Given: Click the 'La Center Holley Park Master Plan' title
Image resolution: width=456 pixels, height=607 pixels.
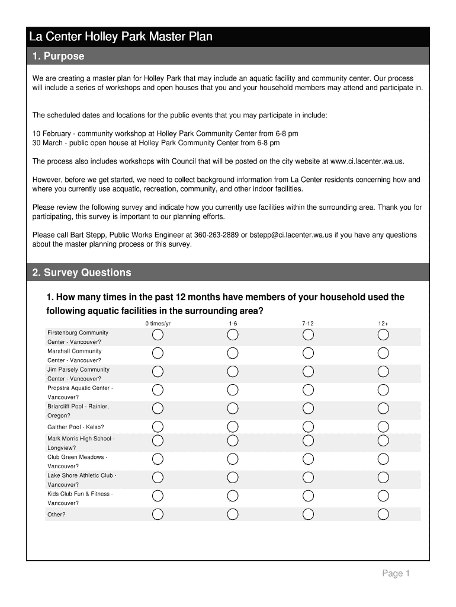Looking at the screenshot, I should (121, 37).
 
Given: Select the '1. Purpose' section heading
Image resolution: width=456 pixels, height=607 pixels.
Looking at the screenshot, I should (58, 56).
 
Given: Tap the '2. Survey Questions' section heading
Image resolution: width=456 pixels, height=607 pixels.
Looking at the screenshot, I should (82, 273).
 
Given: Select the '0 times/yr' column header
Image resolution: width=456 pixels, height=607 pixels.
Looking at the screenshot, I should (158, 324).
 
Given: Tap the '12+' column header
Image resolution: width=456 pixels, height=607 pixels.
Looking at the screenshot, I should (383, 324).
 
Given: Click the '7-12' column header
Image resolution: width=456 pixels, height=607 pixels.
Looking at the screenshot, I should (308, 324).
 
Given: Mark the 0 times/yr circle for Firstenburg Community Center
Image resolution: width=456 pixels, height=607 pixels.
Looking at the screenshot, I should (158, 335).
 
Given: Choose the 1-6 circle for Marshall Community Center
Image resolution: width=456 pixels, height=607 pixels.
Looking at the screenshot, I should (233, 353).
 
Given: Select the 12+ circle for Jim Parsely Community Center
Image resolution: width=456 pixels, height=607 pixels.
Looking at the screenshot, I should (383, 372).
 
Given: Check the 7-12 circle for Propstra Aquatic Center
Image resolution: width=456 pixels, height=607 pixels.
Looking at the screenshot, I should (308, 390).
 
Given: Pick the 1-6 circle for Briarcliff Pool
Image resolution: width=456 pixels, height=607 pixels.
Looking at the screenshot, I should (233, 408).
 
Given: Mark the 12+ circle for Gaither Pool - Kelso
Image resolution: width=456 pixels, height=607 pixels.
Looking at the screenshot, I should (383, 427).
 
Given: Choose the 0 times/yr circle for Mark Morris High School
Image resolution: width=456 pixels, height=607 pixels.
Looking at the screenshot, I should (158, 440).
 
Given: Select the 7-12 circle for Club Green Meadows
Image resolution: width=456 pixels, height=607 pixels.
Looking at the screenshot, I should (308, 459).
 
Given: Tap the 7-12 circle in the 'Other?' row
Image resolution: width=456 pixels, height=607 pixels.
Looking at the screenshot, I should (308, 514).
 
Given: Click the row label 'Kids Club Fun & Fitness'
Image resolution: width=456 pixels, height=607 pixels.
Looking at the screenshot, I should (80, 494).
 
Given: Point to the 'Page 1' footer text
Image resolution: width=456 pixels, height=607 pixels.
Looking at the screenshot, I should (396, 573).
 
